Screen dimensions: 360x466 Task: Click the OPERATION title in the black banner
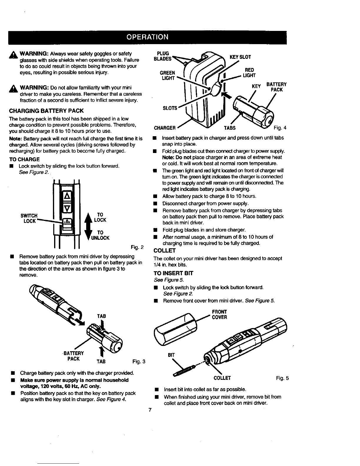[147, 37]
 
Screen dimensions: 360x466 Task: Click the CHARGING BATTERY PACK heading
[46, 111]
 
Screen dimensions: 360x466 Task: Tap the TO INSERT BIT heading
[173, 273]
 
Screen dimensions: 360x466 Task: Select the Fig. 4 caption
[280, 128]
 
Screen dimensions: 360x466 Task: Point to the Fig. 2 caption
[137, 247]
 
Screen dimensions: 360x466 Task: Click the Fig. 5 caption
[282, 378]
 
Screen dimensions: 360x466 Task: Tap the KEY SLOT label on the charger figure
[240, 57]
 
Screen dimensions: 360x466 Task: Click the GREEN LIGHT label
[167, 76]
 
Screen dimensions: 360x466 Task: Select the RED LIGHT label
[249, 73]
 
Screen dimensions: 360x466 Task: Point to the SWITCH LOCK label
[29, 218]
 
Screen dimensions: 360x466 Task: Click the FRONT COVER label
[219, 314]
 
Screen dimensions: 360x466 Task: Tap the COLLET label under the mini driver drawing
[222, 378]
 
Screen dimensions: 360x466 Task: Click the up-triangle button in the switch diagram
[67, 196]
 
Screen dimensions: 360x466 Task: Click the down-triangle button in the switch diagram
[67, 208]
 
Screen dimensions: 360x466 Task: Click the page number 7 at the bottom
[150, 410]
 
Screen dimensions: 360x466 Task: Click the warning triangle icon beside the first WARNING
[13, 55]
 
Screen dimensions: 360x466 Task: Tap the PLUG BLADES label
[163, 56]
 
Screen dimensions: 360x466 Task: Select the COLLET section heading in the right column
[164, 251]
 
